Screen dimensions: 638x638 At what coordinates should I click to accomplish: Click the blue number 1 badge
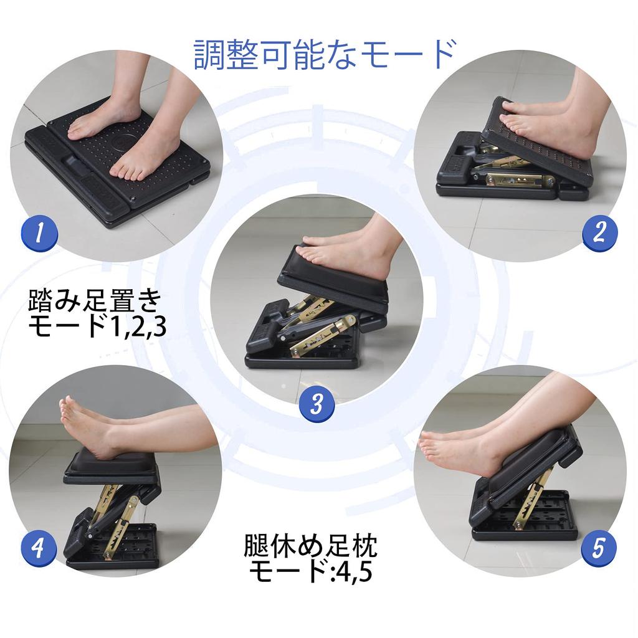click(39, 234)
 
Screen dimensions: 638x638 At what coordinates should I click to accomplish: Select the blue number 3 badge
click(317, 404)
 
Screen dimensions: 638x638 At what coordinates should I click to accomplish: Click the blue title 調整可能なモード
click(324, 54)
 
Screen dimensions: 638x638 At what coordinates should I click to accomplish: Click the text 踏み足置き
click(95, 301)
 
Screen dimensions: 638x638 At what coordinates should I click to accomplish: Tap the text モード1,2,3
click(97, 326)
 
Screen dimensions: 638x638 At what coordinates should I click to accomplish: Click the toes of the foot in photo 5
click(429, 445)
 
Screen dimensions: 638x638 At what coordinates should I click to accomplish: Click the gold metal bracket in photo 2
click(519, 179)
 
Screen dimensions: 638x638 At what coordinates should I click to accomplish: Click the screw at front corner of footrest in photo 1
click(132, 199)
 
